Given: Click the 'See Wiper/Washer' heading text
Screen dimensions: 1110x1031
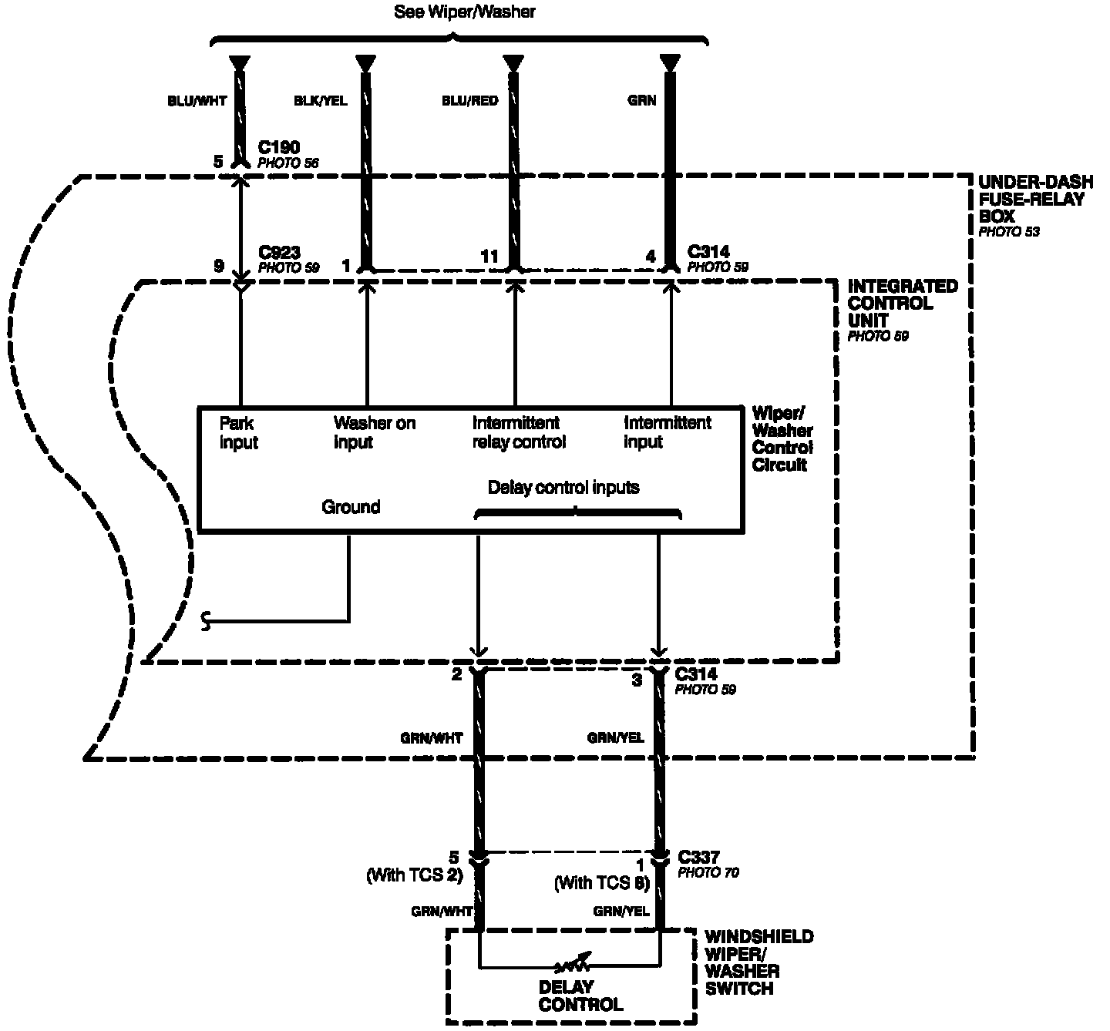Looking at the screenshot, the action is tap(465, 12).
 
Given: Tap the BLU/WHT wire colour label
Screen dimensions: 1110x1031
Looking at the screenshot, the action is tap(197, 101).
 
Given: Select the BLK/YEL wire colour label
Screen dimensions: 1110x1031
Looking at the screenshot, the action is tap(320, 101).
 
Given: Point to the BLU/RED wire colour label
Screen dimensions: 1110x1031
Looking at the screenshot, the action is tap(469, 101).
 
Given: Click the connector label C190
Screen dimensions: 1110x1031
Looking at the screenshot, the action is tap(279, 147).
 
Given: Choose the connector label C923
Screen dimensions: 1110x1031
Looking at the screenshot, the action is tap(280, 252).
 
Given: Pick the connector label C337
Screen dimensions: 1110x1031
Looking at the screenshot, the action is tap(698, 857).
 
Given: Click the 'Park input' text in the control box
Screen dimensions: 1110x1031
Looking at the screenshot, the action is tap(239, 432).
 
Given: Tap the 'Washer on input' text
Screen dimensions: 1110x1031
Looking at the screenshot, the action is tap(375, 432).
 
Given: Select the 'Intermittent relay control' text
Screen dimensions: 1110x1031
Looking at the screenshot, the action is tap(519, 432).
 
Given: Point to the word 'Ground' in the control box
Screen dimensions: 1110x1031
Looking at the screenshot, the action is tap(351, 507).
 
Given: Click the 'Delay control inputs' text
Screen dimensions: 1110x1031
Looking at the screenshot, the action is tap(563, 487).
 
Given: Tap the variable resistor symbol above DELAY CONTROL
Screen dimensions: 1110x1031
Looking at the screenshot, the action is tap(571, 964).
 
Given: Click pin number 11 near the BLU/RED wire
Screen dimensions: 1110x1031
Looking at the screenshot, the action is tap(489, 257).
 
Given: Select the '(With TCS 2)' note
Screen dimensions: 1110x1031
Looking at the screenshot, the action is tap(415, 875).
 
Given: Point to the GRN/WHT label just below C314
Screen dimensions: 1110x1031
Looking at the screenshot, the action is tap(431, 738).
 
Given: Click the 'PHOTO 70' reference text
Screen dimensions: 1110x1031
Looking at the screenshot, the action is tap(708, 872).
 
